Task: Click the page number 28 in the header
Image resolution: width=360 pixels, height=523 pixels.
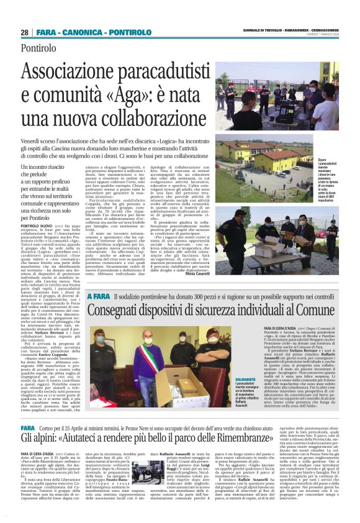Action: tap(25, 32)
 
